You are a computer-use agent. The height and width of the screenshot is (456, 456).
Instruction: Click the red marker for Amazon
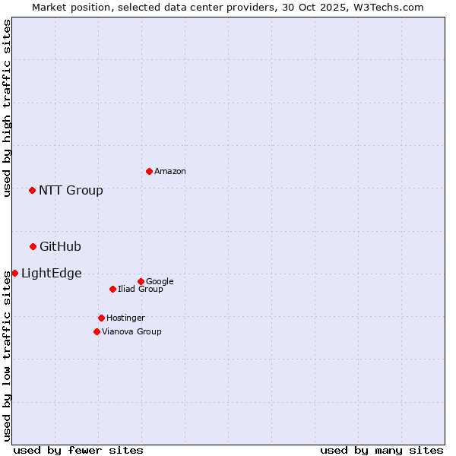(149, 171)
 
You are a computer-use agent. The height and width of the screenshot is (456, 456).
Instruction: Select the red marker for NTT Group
(32, 190)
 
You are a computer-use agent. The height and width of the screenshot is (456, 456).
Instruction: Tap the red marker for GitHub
(33, 246)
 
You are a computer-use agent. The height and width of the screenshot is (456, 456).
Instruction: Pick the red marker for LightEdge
(14, 273)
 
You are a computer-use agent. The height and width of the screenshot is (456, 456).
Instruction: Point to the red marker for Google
(141, 281)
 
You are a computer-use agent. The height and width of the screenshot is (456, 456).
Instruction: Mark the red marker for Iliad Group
(112, 289)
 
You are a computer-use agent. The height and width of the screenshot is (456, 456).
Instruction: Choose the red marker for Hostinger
(101, 318)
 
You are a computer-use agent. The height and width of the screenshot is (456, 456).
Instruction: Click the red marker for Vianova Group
(97, 331)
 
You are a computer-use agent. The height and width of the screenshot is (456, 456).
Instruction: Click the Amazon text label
(170, 171)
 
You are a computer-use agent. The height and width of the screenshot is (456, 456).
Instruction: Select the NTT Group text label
(71, 190)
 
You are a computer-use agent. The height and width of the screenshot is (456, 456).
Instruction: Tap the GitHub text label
(60, 246)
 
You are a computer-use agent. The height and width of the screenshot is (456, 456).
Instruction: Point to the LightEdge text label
(51, 273)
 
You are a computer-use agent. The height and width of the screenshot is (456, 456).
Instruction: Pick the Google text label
(160, 281)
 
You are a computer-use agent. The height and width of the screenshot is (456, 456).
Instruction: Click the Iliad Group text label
(141, 289)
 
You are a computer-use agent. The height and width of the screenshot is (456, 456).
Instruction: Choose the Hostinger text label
(125, 318)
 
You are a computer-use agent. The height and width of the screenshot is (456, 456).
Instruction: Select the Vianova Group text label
(131, 331)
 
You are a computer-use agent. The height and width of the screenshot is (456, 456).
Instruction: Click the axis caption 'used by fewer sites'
(78, 450)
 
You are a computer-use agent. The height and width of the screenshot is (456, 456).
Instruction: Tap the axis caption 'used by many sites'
(382, 450)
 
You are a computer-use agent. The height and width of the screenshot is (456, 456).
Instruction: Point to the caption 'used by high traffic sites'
(7, 108)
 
